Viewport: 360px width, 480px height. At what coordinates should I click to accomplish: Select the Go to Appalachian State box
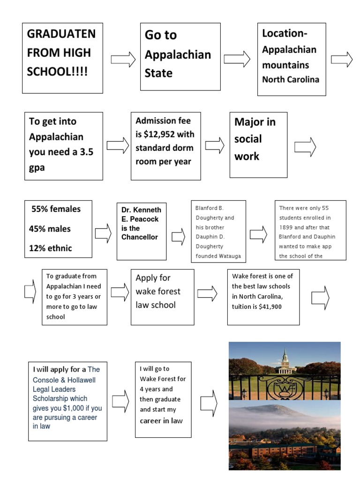click(180, 57)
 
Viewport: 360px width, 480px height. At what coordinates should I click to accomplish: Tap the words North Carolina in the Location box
click(291, 79)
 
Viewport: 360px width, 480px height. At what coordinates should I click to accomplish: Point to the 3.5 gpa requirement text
click(63, 159)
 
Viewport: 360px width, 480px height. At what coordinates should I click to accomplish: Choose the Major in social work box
click(258, 144)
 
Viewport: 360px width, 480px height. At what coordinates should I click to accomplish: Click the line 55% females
click(56, 209)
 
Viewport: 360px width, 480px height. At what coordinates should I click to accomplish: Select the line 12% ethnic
click(52, 248)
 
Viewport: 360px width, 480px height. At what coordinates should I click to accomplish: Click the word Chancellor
click(140, 237)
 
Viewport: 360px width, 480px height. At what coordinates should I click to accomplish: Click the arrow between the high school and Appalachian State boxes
click(123, 60)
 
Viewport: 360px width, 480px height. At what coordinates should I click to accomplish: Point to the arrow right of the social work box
click(305, 147)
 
